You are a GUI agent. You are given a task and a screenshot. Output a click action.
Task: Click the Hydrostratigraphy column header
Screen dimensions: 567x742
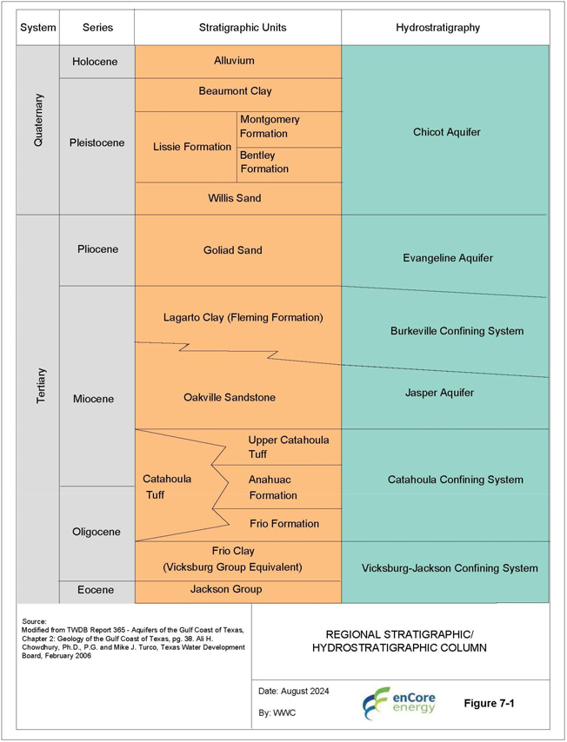pos(437,28)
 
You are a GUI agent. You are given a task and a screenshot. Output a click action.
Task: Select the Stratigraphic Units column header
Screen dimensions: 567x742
pos(243,28)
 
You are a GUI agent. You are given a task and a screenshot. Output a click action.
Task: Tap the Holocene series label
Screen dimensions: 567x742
pos(95,62)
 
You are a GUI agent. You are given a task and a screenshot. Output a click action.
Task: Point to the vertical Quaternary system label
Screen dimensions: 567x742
pos(38,120)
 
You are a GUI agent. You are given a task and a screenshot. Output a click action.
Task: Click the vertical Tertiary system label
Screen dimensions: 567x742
pos(41,386)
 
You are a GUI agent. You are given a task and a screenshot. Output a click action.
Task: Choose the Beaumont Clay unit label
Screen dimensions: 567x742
pos(235,91)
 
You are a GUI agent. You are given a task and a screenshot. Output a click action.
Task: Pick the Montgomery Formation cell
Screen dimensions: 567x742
pos(289,129)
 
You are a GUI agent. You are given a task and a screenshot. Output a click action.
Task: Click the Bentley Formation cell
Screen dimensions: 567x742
pos(289,165)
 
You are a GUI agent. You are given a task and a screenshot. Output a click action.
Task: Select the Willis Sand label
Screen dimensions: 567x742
pos(235,198)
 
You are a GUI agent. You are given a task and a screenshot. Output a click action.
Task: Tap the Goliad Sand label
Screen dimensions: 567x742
pos(232,250)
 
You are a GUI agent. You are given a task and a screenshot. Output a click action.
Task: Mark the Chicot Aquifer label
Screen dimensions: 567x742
pos(447,132)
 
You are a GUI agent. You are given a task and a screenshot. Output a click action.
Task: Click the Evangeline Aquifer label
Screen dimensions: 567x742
pos(448,258)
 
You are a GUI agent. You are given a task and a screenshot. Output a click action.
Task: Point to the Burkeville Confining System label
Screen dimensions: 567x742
pos(457,331)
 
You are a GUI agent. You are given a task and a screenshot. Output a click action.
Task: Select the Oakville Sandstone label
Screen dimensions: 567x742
pos(230,397)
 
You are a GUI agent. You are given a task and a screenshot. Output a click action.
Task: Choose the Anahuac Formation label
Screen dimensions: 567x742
pos(273,487)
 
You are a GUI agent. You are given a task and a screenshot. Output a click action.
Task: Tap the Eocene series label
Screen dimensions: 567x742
pos(96,590)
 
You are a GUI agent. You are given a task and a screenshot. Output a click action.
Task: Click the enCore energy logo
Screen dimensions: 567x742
pos(399,703)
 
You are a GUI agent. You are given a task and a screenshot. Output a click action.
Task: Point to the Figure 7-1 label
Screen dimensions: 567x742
pos(489,703)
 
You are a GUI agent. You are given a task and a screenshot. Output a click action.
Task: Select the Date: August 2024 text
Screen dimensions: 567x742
pos(294,691)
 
